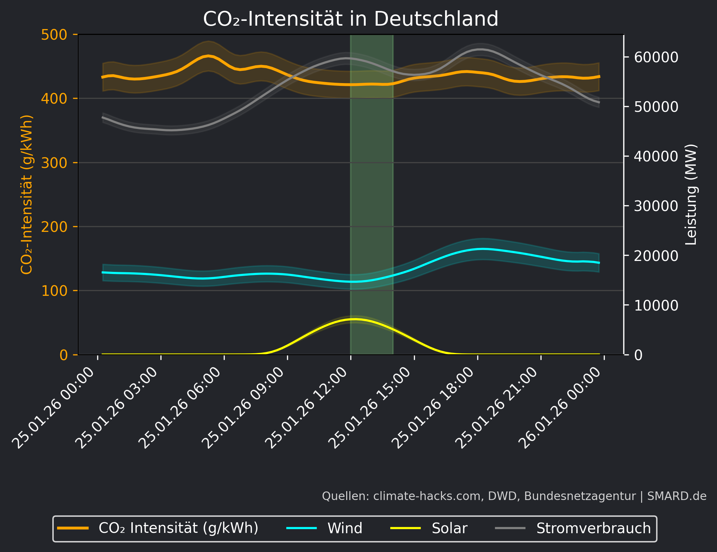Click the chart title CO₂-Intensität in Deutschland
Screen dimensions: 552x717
pyautogui.click(x=351, y=19)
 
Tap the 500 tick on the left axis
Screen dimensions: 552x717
pyautogui.click(x=54, y=35)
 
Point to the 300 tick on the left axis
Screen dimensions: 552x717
pyautogui.click(x=54, y=163)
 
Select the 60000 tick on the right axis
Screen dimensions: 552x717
pyautogui.click(x=656, y=57)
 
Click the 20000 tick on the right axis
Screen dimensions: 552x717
pyautogui.click(x=656, y=256)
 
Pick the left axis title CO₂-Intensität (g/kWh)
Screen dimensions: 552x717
pyautogui.click(x=27, y=194)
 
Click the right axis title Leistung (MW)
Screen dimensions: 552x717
pyautogui.click(x=691, y=194)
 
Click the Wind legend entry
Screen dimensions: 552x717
pyautogui.click(x=344, y=528)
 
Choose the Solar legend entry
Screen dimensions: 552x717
pyautogui.click(x=449, y=528)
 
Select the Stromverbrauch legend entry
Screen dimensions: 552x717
pyautogui.click(x=593, y=528)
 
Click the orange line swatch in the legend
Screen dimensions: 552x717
pyautogui.click(x=73, y=528)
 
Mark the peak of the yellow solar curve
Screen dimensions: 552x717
pyautogui.click(x=354, y=319)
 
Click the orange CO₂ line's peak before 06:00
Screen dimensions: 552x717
pyautogui.click(x=208, y=56)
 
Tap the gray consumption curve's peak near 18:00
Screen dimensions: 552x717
pyautogui.click(x=481, y=49)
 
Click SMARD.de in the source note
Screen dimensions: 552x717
pyautogui.click(x=677, y=496)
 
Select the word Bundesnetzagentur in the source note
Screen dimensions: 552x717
pyautogui.click(x=580, y=496)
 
